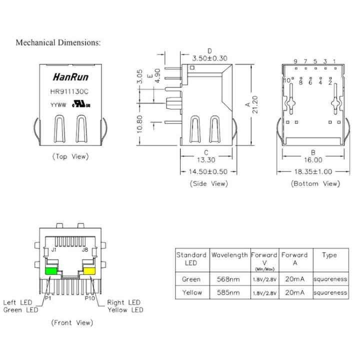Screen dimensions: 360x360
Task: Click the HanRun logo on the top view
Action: pos(70,77)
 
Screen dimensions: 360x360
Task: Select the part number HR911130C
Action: pos(69,91)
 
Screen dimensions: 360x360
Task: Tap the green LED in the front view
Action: pos(51,271)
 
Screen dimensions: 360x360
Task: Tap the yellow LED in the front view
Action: pos(89,271)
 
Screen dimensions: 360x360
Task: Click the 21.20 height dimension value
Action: pos(255,104)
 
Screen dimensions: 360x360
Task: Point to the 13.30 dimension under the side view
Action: pos(206,160)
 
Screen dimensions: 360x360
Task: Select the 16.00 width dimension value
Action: pos(313,160)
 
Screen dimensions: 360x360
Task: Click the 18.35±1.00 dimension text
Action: pos(313,171)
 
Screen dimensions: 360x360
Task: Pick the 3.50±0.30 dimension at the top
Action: pos(209,58)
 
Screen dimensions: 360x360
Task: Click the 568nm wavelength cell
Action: pos(228,279)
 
